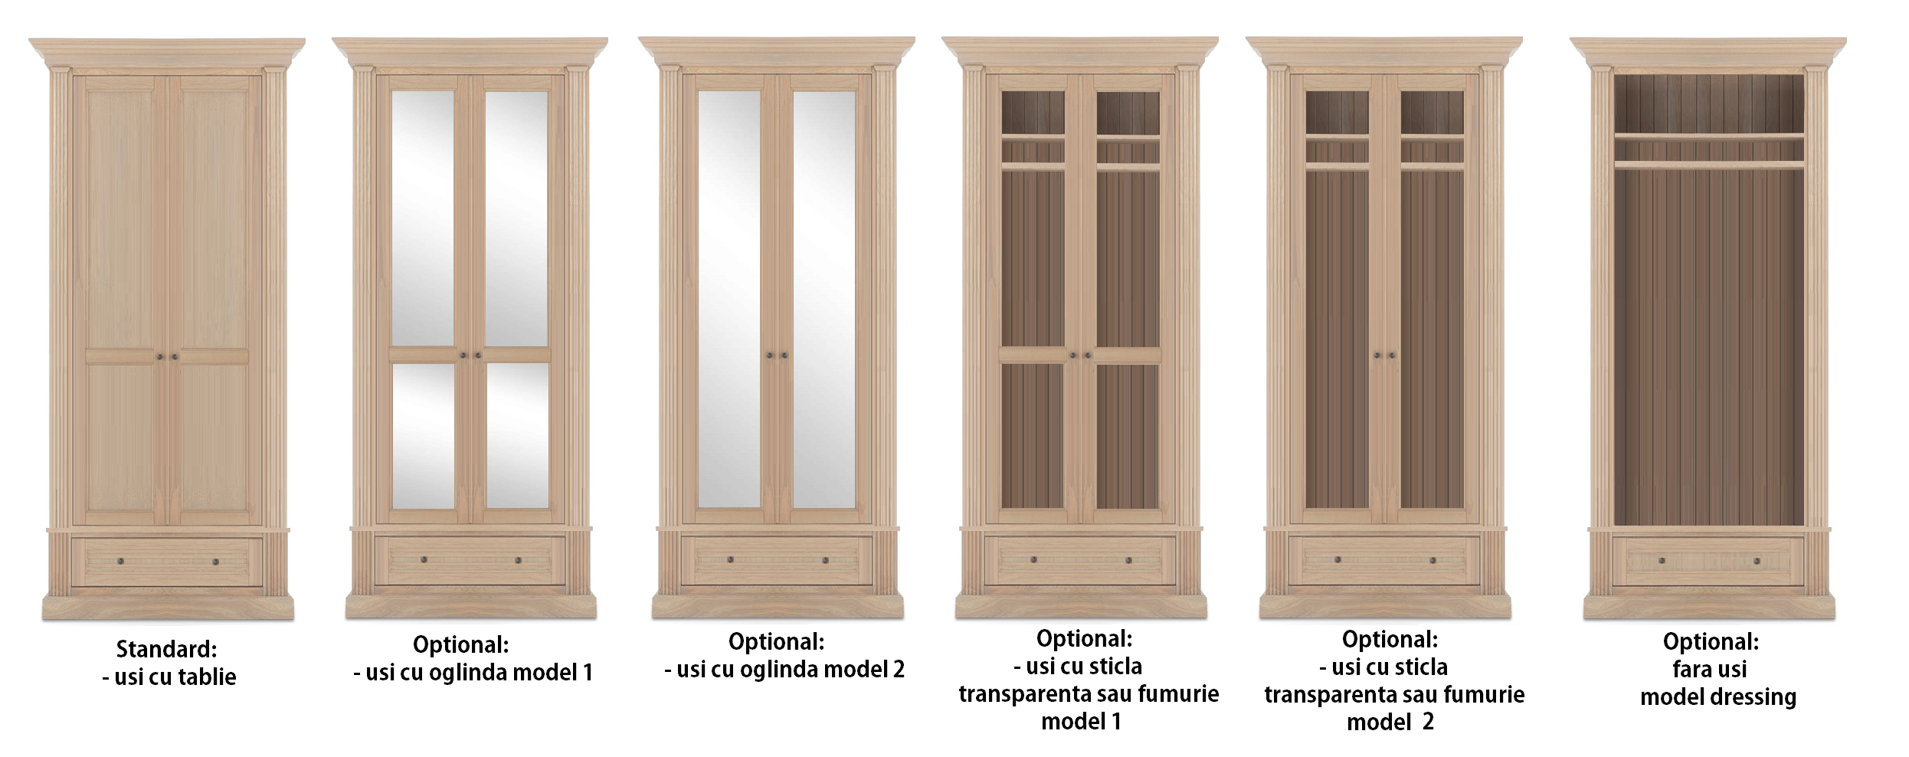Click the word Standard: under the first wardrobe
[x=166, y=649]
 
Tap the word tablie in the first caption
[x=205, y=677]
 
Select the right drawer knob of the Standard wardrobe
[x=215, y=562]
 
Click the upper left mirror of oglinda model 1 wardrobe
[x=423, y=218]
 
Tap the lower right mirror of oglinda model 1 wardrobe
[x=518, y=435]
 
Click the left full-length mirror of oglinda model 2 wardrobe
[x=729, y=300]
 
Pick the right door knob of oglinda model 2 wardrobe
[x=785, y=356]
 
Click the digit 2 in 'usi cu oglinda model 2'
[x=898, y=669]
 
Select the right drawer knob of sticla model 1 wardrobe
[x=1128, y=560]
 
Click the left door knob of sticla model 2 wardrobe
[x=1377, y=356]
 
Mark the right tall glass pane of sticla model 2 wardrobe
[x=1433, y=339]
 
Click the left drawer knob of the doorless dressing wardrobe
[x=1662, y=561]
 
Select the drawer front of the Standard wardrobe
[x=167, y=562]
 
